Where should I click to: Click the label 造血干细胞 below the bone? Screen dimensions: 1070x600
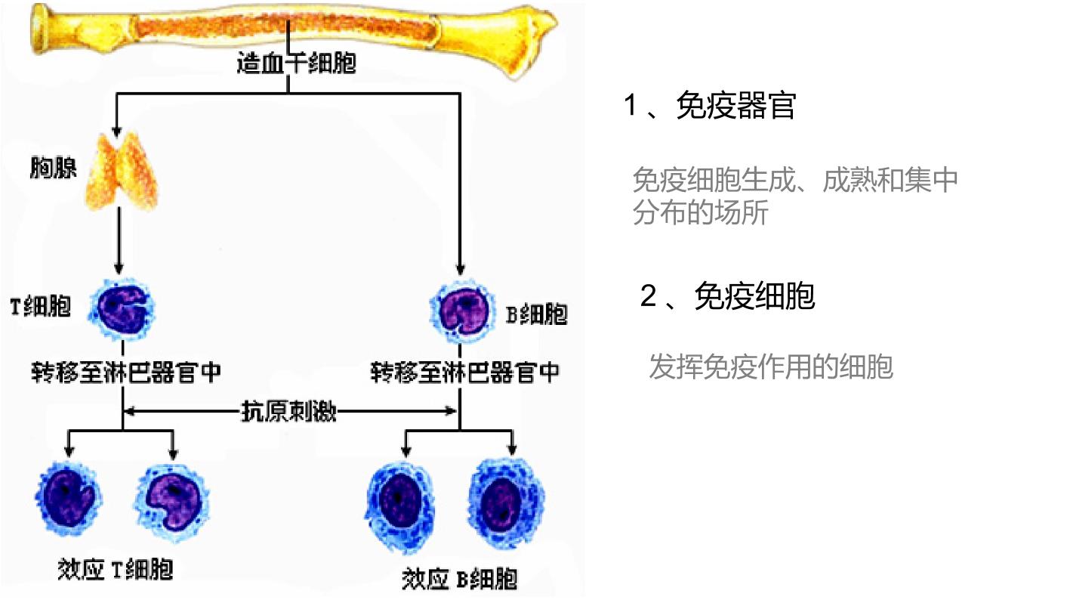(296, 63)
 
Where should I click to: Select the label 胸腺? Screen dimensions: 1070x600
(53, 167)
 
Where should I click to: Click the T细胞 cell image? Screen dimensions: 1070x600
(122, 308)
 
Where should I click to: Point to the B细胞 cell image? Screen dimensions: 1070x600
(462, 312)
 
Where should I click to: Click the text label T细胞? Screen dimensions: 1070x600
(41, 307)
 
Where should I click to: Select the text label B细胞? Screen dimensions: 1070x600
(536, 314)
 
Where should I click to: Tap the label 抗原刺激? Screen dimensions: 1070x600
(288, 411)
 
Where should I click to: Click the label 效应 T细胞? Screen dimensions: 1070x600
(115, 570)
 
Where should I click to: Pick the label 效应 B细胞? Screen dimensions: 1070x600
(459, 579)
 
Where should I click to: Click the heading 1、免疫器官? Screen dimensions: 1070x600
(710, 105)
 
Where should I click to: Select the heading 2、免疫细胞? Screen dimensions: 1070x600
(727, 296)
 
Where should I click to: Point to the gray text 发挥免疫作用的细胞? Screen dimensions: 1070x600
(770, 367)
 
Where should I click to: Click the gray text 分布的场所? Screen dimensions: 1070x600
(700, 212)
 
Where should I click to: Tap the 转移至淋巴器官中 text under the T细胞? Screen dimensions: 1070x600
(126, 372)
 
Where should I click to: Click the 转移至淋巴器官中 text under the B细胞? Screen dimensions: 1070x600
(465, 372)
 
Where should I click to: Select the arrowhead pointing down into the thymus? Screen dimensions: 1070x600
(116, 132)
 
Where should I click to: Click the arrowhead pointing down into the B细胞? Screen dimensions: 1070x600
(460, 269)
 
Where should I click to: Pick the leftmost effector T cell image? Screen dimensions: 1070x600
(68, 498)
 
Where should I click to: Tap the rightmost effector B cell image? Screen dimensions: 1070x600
(505, 504)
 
